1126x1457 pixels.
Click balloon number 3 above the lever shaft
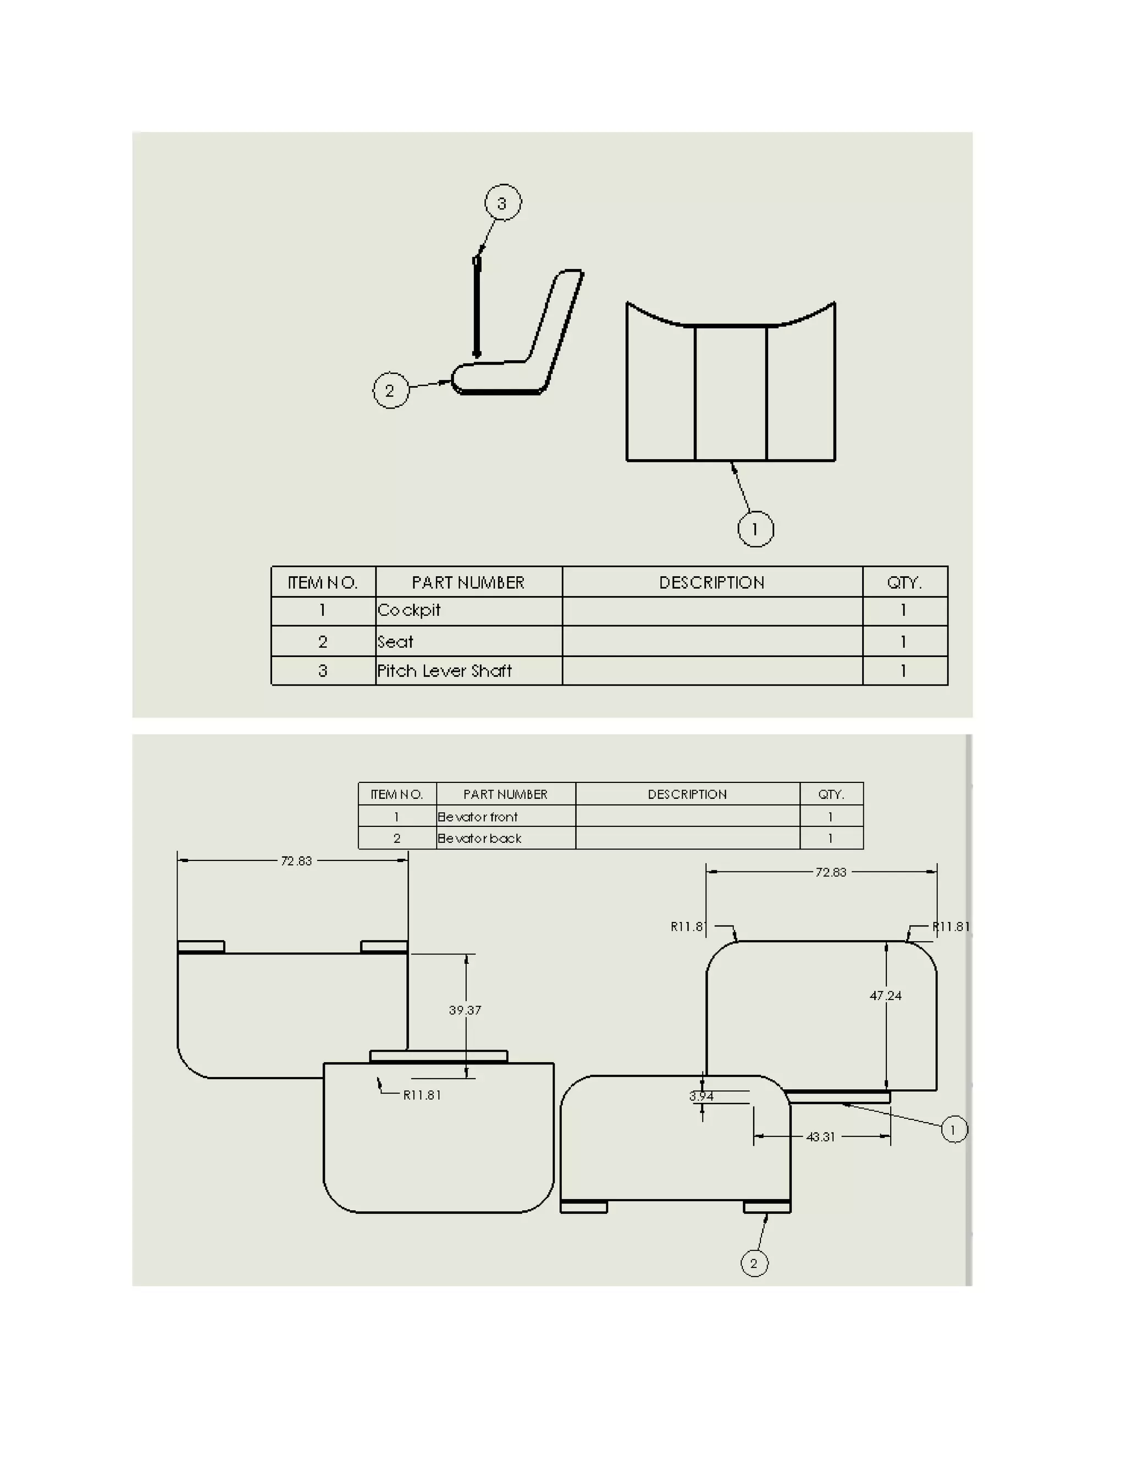pyautogui.click(x=503, y=202)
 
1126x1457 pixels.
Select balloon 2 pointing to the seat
pyautogui.click(x=390, y=390)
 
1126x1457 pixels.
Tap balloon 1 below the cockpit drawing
pyautogui.click(x=755, y=529)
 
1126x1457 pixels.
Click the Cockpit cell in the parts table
pyautogui.click(x=410, y=610)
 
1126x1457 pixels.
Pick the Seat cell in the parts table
pyautogui.click(x=395, y=642)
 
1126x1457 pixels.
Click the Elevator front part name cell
pyautogui.click(x=478, y=816)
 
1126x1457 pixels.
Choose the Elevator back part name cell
pyautogui.click(x=479, y=838)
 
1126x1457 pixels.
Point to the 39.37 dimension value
pyautogui.click(x=465, y=1010)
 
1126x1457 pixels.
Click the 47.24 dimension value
pyautogui.click(x=886, y=995)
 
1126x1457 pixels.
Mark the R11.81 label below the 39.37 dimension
pyautogui.click(x=422, y=1095)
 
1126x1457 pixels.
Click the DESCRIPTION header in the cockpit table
pyautogui.click(x=712, y=582)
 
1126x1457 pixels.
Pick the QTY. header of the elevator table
pyautogui.click(x=831, y=794)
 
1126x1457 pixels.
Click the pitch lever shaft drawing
pyautogui.click(x=476, y=307)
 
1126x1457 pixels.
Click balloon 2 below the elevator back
pyautogui.click(x=754, y=1263)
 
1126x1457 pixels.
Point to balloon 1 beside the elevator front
pyautogui.click(x=953, y=1129)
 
